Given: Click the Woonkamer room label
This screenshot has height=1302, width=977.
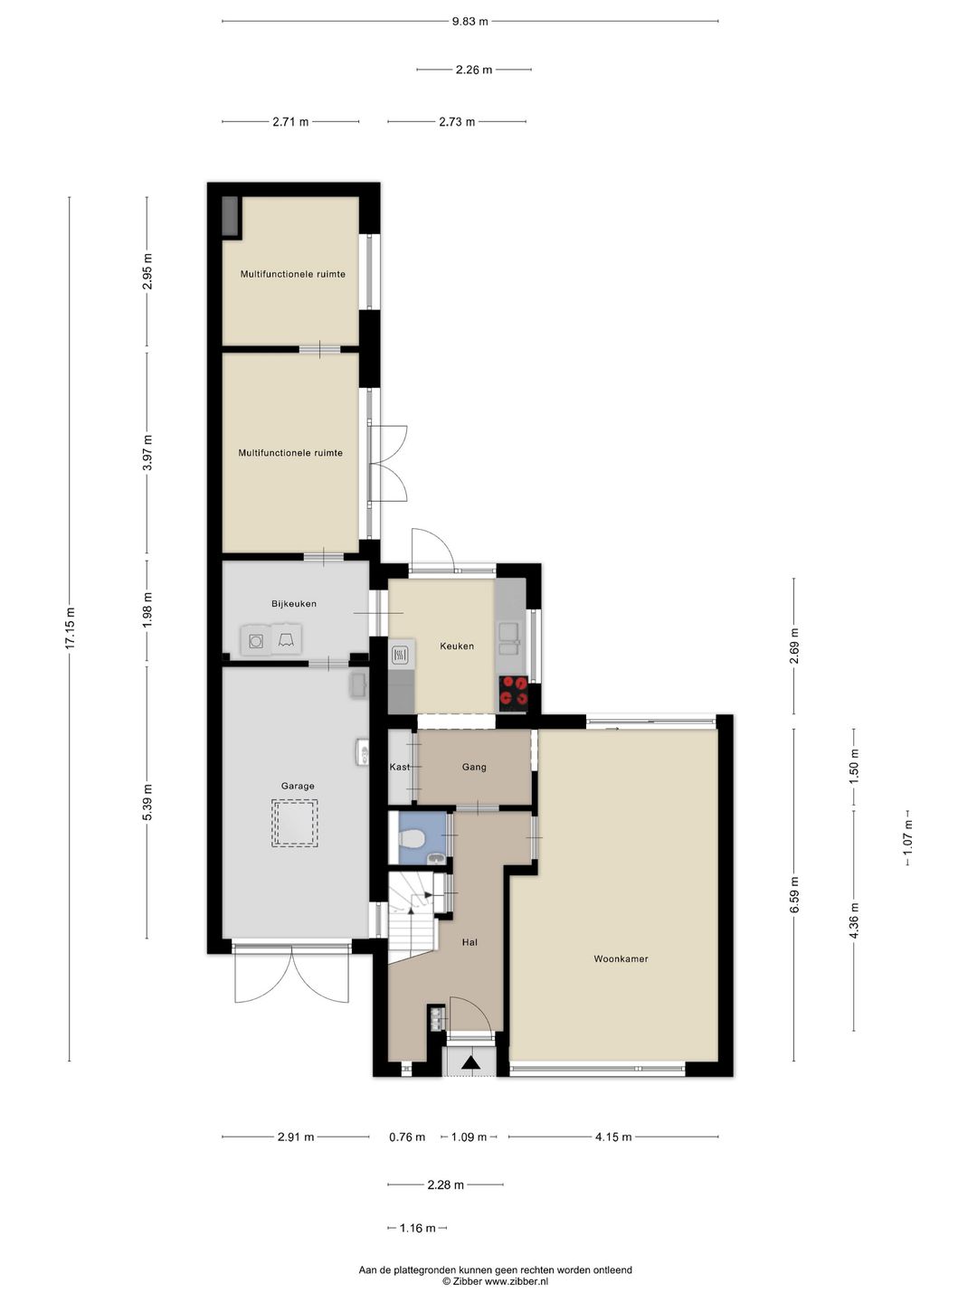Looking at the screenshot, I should coord(621,958).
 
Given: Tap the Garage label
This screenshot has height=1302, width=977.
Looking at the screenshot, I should coord(298,786).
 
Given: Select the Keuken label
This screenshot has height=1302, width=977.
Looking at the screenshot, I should coord(457,646).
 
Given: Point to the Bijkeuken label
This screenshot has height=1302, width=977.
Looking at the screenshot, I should coord(294,603).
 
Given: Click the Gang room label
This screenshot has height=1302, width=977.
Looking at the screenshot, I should coord(474,767).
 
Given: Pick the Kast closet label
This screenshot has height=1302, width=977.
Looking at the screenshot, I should coord(399,767).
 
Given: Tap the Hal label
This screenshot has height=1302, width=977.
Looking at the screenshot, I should coord(469,942).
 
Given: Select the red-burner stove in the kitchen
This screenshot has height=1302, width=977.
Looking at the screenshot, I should coord(514,691).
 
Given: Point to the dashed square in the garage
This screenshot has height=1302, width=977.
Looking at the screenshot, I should coord(294,824).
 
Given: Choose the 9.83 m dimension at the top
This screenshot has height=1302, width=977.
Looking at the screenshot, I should coord(470,22).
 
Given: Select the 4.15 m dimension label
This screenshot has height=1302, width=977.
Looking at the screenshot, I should coord(613,1137).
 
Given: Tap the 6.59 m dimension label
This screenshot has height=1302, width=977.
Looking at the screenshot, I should coord(794,895).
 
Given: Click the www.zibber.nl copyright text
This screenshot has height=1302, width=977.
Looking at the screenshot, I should coord(495,1281).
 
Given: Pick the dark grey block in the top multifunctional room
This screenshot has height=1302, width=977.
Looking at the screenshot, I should coord(232,217).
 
